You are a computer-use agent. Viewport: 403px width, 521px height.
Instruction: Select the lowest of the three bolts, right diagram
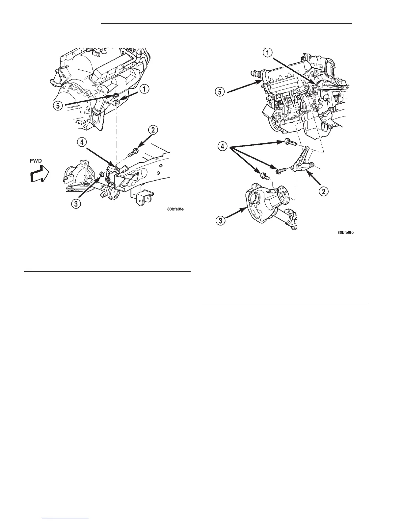[x=264, y=176]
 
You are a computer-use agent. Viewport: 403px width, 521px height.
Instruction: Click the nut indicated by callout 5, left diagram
[x=116, y=96]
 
